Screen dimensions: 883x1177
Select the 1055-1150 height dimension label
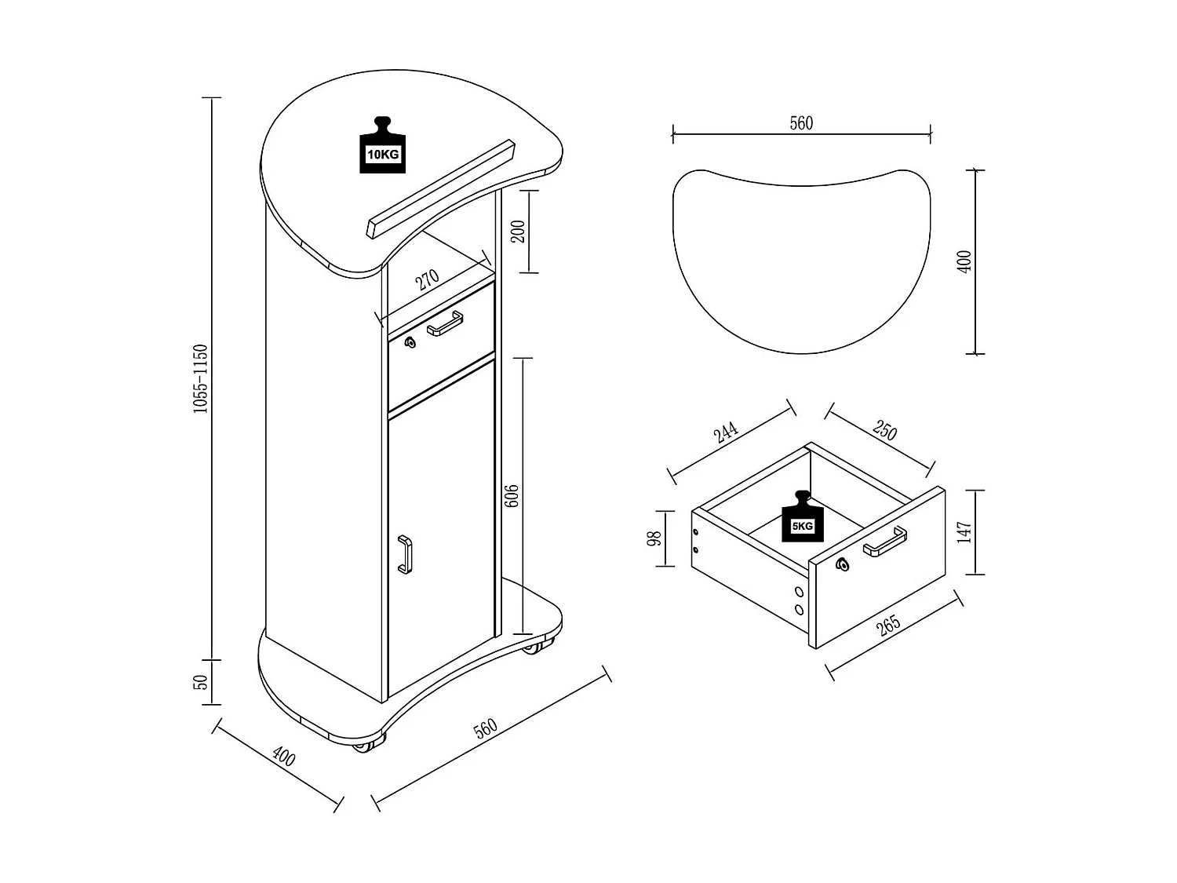coord(200,378)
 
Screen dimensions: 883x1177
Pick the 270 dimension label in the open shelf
coord(428,279)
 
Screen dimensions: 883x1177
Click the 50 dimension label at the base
coord(201,682)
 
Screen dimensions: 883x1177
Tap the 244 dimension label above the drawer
coord(726,433)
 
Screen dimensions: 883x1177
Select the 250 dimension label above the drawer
coord(884,432)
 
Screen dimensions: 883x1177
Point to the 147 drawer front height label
coord(965,531)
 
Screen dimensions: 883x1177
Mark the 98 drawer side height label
coord(655,538)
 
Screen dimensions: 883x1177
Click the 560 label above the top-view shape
coord(801,123)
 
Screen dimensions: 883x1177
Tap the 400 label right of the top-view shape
coord(964,261)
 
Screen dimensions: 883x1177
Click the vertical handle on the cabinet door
coord(404,554)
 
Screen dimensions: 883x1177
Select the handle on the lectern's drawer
coord(445,323)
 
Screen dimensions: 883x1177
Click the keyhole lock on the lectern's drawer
coord(409,342)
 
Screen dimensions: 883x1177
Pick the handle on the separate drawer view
coord(885,542)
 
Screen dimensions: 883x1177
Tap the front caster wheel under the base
coord(364,745)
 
